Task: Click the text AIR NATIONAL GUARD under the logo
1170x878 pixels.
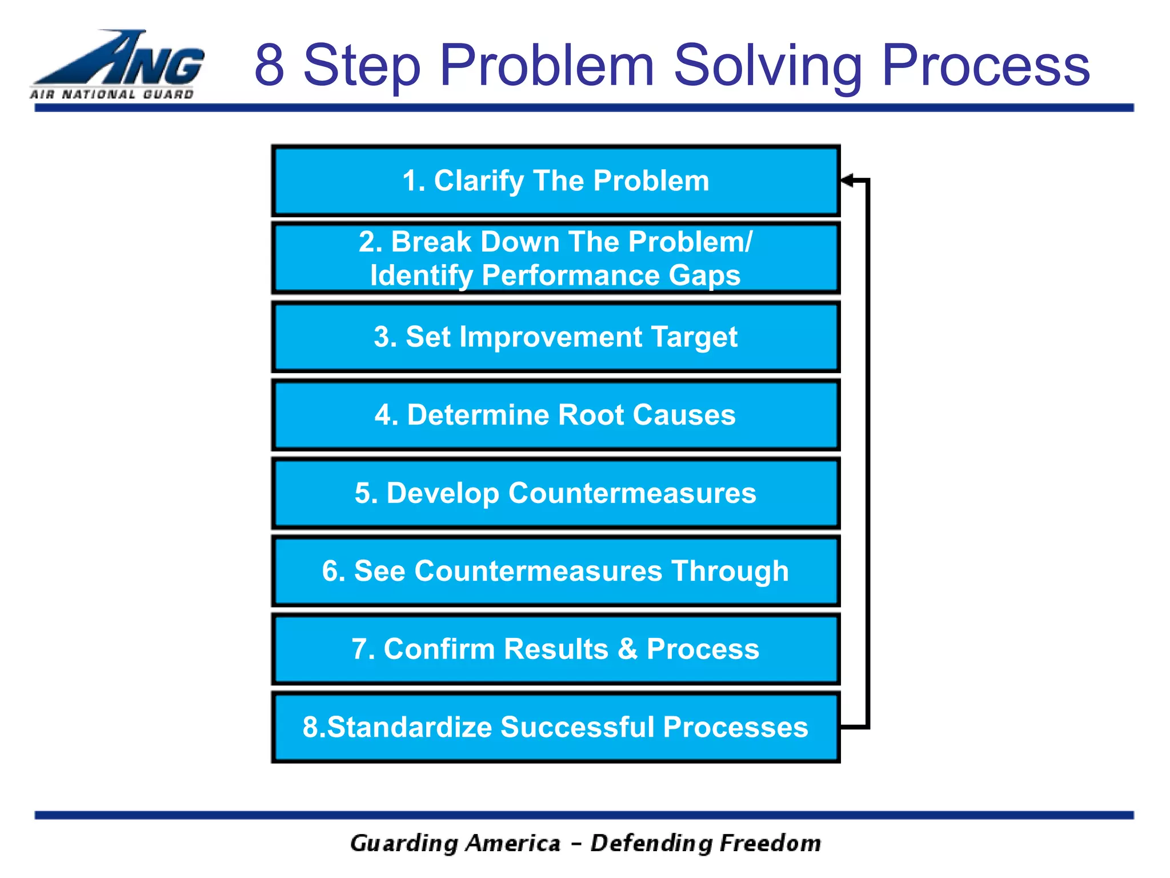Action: coord(112,94)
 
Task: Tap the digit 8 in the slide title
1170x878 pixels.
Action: coord(270,66)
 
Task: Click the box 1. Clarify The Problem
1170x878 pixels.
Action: coord(555,181)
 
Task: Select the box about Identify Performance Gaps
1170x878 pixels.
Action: coord(555,258)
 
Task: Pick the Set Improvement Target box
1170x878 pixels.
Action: coord(555,337)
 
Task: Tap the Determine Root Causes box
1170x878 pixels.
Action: coord(555,415)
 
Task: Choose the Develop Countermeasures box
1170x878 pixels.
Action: coord(555,493)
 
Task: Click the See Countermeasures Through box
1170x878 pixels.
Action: coord(555,571)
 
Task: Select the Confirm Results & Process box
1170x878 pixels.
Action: coord(555,649)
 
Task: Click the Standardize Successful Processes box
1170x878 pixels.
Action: coord(555,727)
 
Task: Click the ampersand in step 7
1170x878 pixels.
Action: coord(627,649)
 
